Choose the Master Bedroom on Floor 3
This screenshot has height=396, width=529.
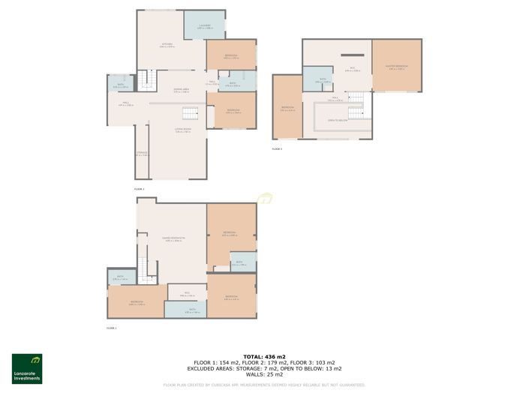(x=396, y=67)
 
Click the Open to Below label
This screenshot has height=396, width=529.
(x=337, y=119)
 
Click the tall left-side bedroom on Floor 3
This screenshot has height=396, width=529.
(x=287, y=107)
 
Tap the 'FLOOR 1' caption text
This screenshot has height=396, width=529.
(x=111, y=328)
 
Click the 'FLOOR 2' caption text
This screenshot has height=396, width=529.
(x=139, y=189)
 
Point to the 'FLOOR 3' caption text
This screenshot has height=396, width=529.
(x=277, y=148)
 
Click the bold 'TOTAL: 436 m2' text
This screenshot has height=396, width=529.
(x=264, y=356)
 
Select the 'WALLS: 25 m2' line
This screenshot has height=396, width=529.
(x=264, y=374)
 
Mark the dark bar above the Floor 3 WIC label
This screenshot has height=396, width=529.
(x=350, y=55)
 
